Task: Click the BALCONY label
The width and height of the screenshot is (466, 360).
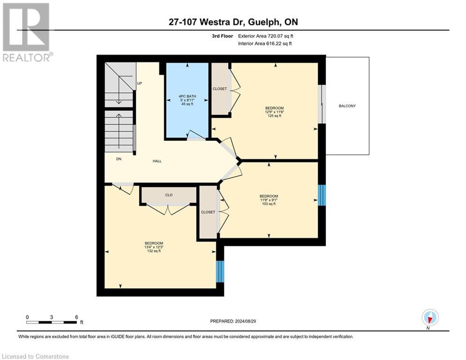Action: pos(347,106)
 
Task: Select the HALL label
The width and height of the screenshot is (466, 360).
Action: pos(157,161)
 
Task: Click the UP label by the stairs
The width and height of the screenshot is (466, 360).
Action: pos(139,83)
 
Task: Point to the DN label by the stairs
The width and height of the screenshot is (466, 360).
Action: pos(119,159)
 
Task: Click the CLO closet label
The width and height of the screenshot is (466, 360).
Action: pos(169,195)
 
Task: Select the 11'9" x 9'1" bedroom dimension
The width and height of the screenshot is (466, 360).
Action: pos(269,200)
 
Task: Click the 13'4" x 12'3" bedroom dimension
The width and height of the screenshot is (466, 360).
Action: pos(154,247)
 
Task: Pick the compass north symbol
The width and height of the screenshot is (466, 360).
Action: pos(429,318)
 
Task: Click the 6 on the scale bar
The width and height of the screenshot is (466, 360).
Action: pos(76,317)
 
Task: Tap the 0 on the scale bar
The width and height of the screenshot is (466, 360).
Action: pos(28,317)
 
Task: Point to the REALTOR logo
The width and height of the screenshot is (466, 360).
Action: pos(26,32)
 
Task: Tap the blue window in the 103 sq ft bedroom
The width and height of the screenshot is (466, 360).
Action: pos(321,195)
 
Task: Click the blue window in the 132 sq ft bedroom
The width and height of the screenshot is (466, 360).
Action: pos(220,271)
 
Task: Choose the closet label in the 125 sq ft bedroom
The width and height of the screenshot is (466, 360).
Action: pos(220,89)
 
